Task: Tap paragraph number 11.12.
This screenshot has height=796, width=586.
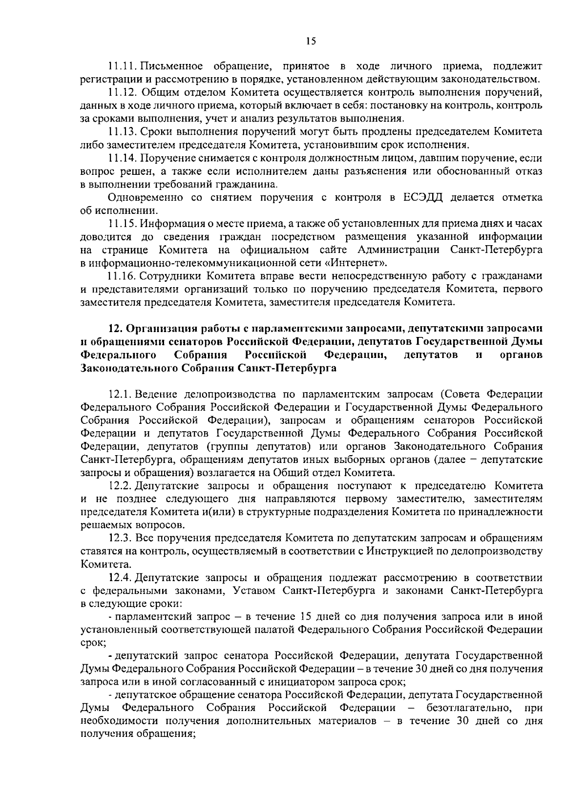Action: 121,92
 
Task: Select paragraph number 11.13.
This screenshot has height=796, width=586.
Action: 121,131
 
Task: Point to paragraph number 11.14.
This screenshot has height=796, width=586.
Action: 121,158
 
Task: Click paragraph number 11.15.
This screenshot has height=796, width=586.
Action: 121,224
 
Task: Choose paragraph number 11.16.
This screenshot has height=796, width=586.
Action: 121,276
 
